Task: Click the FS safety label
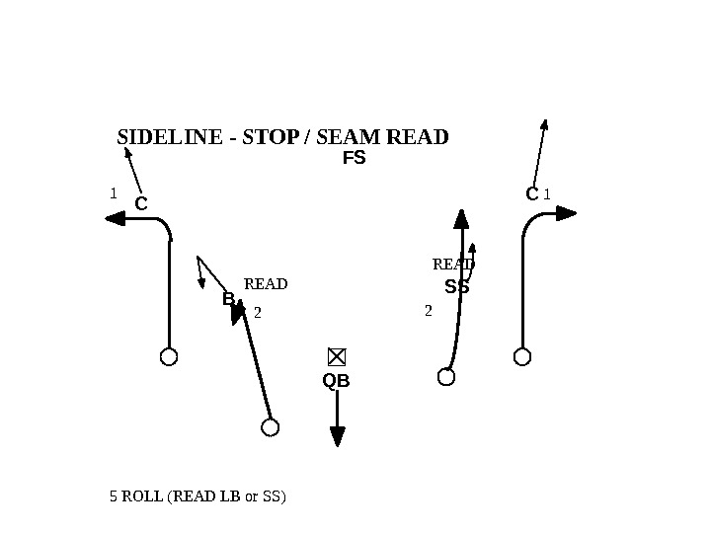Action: pyautogui.click(x=354, y=158)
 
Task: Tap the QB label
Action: pyautogui.click(x=337, y=381)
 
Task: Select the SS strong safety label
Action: pyautogui.click(x=456, y=288)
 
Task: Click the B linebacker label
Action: pyautogui.click(x=228, y=298)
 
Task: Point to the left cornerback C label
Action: pyautogui.click(x=140, y=204)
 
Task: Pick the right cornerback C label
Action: pyautogui.click(x=532, y=194)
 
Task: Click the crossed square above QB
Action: pyautogui.click(x=337, y=356)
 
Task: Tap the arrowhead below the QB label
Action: pyautogui.click(x=338, y=435)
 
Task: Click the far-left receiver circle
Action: pyautogui.click(x=169, y=356)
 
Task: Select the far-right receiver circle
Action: pyautogui.click(x=522, y=356)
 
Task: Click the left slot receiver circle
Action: pyautogui.click(x=270, y=426)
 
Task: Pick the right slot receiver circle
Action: pyautogui.click(x=446, y=376)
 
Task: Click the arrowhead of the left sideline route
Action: pyautogui.click(x=115, y=219)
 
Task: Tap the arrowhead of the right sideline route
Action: pyautogui.click(x=566, y=212)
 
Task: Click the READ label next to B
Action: pyautogui.click(x=266, y=284)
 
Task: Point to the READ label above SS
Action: pyautogui.click(x=453, y=265)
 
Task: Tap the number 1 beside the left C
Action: pyautogui.click(x=114, y=193)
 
